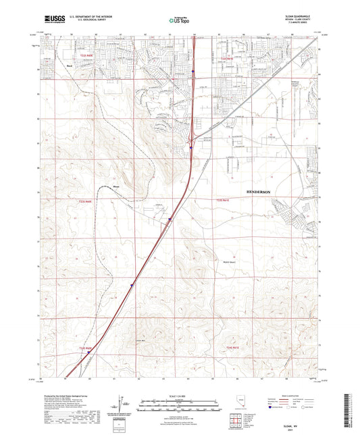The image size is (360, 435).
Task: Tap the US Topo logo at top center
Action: [x=179, y=21]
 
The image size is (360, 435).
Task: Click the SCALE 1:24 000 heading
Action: [x=180, y=394]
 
